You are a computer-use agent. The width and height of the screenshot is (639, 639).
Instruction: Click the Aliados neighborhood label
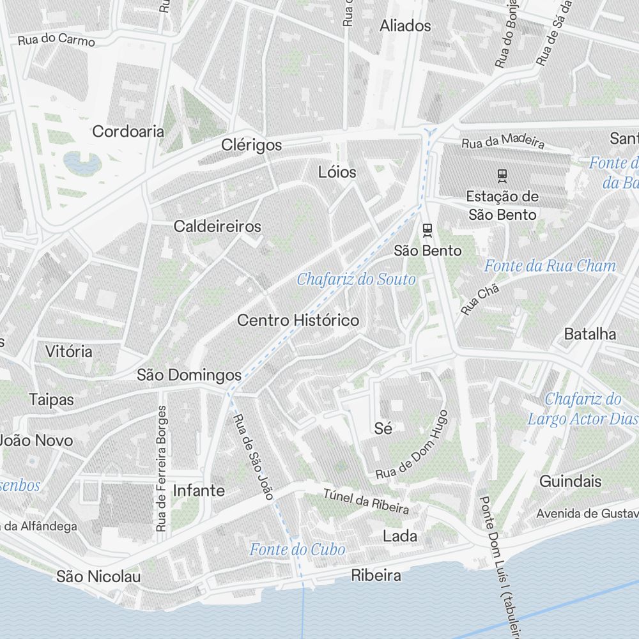click(405, 26)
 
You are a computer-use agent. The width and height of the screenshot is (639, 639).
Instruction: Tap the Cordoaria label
click(128, 132)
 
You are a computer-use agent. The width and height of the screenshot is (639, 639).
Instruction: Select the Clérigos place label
click(251, 145)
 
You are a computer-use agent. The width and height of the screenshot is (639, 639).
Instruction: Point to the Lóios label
click(337, 172)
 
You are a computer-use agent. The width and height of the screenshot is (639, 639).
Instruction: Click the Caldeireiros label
click(217, 226)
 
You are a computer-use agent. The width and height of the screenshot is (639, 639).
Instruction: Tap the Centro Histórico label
click(298, 320)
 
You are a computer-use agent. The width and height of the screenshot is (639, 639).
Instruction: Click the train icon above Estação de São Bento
click(503, 175)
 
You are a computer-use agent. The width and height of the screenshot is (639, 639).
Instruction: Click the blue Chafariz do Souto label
click(356, 279)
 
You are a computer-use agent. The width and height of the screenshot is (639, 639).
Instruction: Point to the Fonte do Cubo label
click(297, 550)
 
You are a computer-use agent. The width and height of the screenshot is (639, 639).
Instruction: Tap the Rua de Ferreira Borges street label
click(161, 468)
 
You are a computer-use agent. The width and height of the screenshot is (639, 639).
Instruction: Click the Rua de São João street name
click(253, 456)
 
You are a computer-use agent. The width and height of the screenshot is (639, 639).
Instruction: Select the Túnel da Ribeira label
click(366, 501)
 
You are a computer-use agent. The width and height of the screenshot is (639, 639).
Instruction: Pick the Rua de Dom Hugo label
click(412, 446)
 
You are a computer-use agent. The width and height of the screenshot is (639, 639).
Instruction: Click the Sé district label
click(383, 429)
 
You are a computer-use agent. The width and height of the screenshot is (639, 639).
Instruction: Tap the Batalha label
click(590, 334)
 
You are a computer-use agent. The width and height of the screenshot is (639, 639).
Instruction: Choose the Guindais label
click(571, 481)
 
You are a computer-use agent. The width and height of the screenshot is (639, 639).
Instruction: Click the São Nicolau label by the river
click(98, 576)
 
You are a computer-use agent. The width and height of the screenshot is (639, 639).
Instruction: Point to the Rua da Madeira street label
click(502, 141)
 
